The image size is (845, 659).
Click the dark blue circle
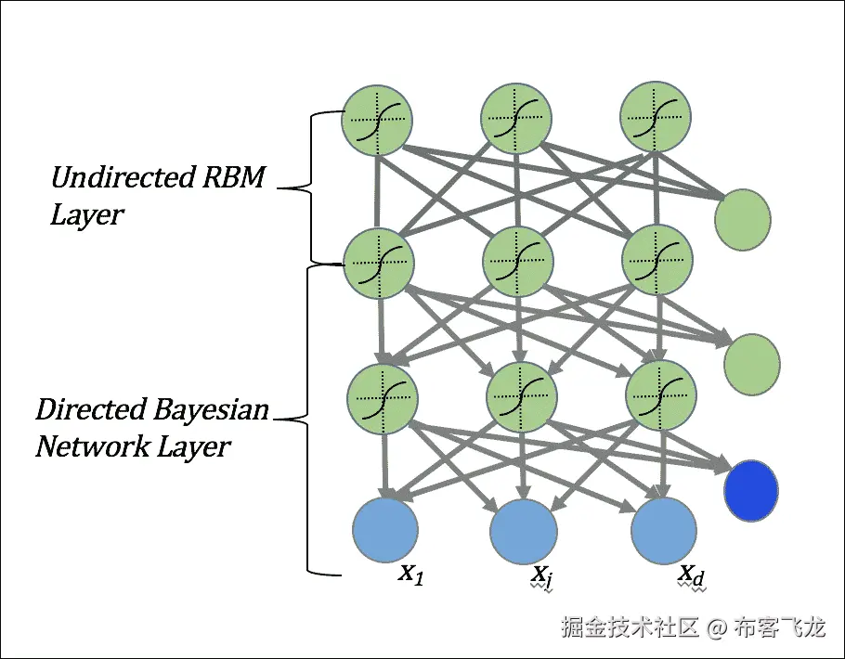click(x=750, y=490)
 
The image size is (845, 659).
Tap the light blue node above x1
click(x=385, y=530)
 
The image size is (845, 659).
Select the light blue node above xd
click(x=663, y=531)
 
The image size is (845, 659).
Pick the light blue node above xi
click(x=524, y=531)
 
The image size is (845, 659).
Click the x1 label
click(x=411, y=574)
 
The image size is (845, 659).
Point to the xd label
click(x=691, y=575)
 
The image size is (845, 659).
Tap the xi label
click(x=540, y=576)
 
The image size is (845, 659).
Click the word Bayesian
click(x=211, y=410)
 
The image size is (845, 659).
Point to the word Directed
click(x=92, y=409)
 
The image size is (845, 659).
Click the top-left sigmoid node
click(x=377, y=120)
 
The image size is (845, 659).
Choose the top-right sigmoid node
click(x=656, y=117)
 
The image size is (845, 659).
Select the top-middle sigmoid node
click(x=516, y=119)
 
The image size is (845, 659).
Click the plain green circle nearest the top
click(x=743, y=219)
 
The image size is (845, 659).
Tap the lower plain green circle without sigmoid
click(x=752, y=365)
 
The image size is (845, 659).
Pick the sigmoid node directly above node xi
click(x=522, y=397)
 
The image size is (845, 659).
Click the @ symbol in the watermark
click(x=717, y=627)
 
